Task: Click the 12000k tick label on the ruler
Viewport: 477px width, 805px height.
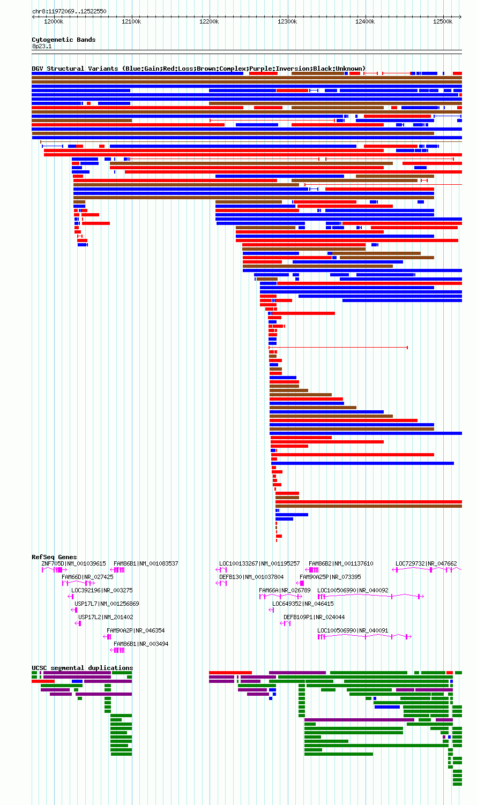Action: point(54,21)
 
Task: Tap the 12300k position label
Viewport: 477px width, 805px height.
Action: point(287,21)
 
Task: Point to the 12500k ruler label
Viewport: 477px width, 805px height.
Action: point(443,21)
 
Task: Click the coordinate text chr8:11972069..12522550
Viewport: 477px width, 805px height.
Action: point(70,11)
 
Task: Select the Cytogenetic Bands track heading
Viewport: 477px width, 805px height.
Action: point(64,40)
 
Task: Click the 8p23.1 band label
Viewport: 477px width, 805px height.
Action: point(42,47)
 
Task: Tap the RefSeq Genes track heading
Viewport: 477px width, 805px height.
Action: point(54,557)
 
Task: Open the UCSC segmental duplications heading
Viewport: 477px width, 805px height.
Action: point(83,668)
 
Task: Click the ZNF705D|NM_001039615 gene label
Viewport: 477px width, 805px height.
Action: point(74,563)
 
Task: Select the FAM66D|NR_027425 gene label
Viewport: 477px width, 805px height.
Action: point(87,577)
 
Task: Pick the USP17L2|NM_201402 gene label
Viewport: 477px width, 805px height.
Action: point(106,617)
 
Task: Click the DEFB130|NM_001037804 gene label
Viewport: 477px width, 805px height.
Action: point(251,577)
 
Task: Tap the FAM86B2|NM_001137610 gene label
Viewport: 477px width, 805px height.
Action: point(341,563)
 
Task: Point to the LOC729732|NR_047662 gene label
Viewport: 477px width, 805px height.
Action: point(426,563)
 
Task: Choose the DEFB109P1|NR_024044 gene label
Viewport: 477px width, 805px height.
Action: point(314,617)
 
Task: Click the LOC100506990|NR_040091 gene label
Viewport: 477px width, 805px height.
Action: point(353,630)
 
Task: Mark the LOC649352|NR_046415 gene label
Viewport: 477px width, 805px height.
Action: point(303,604)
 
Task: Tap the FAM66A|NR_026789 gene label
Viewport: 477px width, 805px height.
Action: point(285,590)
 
